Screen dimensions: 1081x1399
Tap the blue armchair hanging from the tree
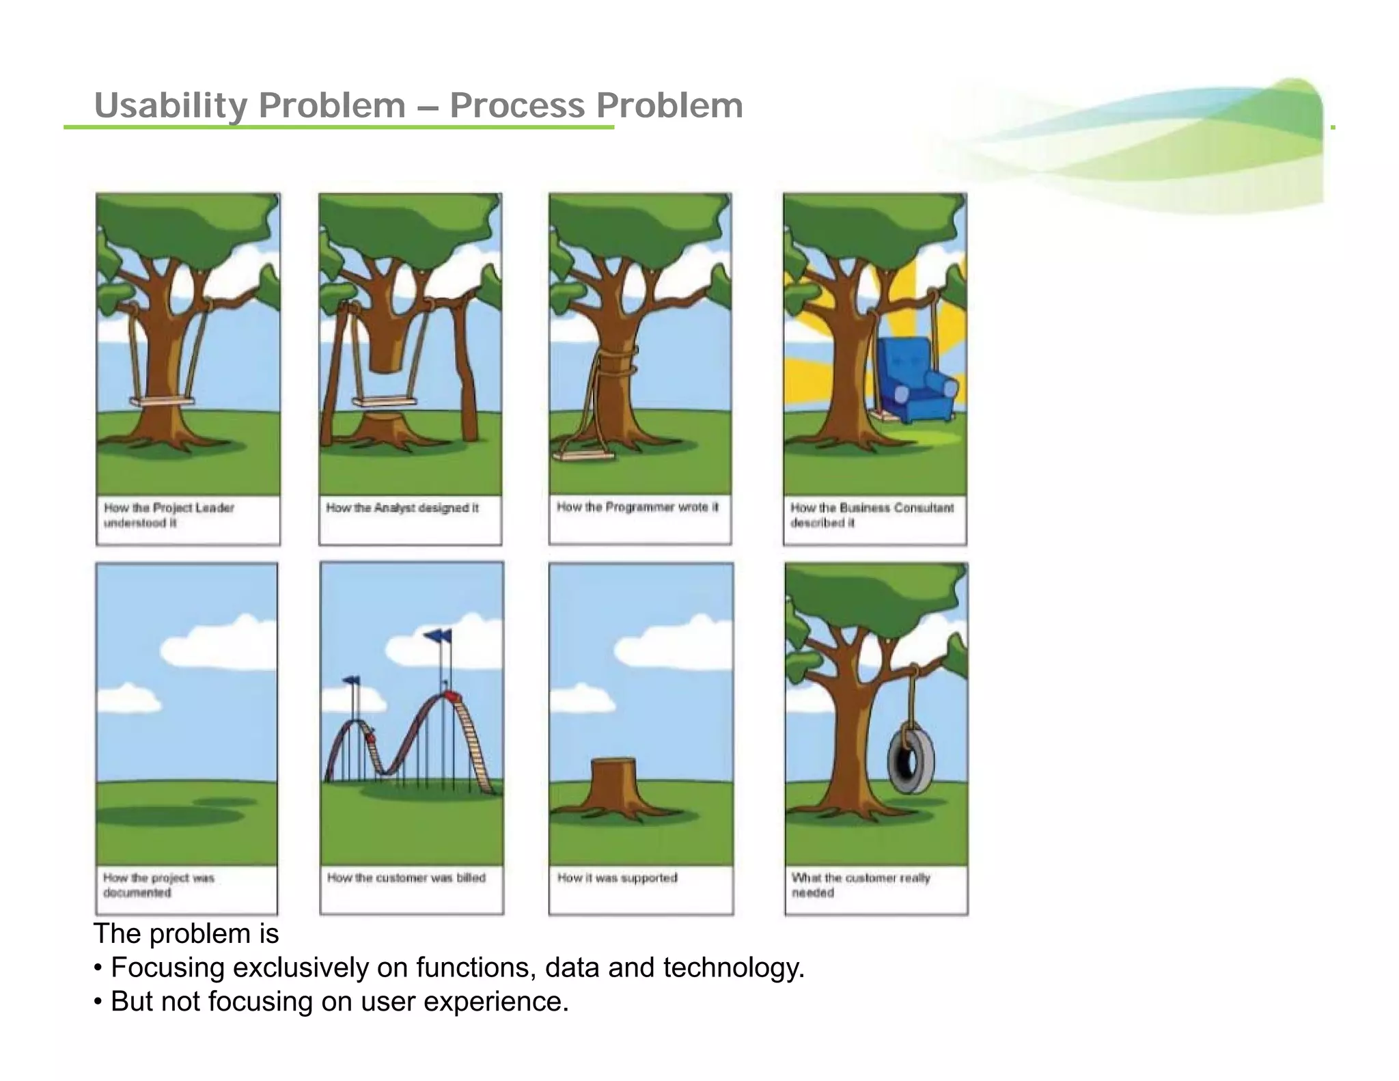pos(916,381)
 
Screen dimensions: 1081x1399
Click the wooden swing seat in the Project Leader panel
pos(161,402)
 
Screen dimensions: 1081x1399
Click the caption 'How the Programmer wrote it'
pos(637,507)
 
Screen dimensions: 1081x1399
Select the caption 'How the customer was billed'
pos(406,877)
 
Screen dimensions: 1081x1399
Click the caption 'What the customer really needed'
pos(860,885)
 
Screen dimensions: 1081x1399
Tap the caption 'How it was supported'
pos(617,877)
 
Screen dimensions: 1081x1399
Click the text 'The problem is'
pos(186,933)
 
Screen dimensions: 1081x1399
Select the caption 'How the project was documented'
pos(158,885)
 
